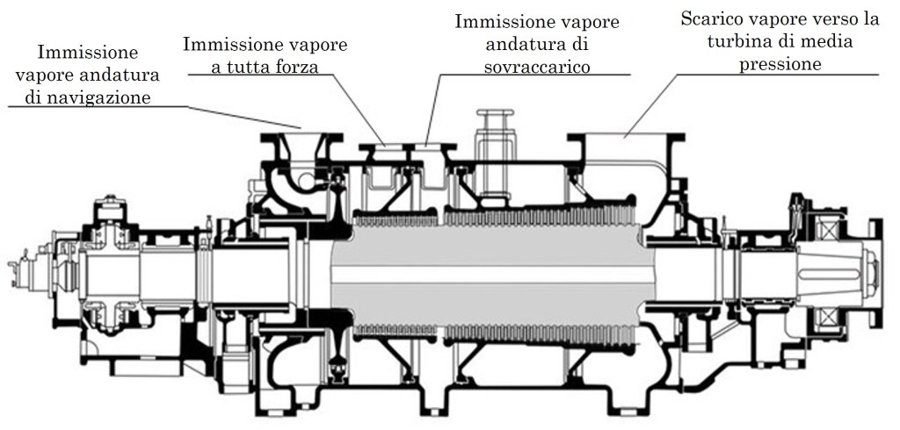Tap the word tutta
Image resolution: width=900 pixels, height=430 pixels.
(250, 66)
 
